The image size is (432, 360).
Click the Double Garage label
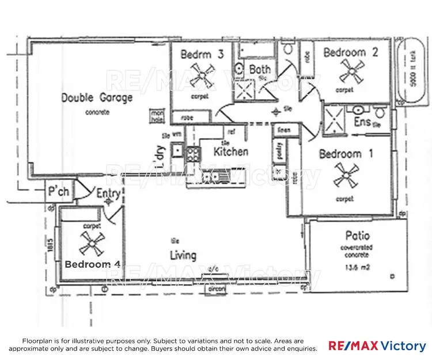click(97, 97)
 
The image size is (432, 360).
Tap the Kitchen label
click(231, 151)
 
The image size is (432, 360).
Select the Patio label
click(357, 236)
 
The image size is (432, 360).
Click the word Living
click(183, 255)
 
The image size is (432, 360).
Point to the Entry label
click(108, 194)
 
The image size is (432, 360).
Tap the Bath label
click(260, 70)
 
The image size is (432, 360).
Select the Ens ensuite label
click(362, 122)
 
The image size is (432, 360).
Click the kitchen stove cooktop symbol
click(193, 154)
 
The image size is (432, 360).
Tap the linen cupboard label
click(283, 131)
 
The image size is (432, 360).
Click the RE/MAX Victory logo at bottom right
click(377, 346)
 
